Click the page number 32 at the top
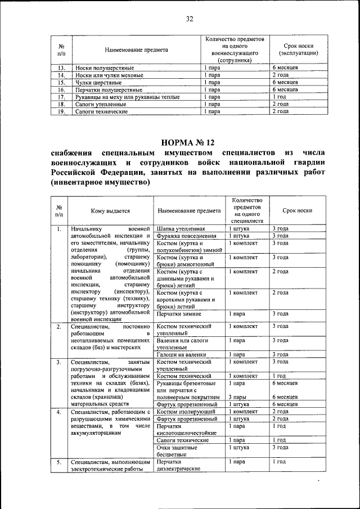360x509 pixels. click(190, 19)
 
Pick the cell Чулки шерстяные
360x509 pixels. click(94, 82)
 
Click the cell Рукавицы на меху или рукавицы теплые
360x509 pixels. click(127, 97)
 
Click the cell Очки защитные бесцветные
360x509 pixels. click(177, 451)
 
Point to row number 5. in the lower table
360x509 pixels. click(58, 462)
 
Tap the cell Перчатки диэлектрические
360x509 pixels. click(179, 466)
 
